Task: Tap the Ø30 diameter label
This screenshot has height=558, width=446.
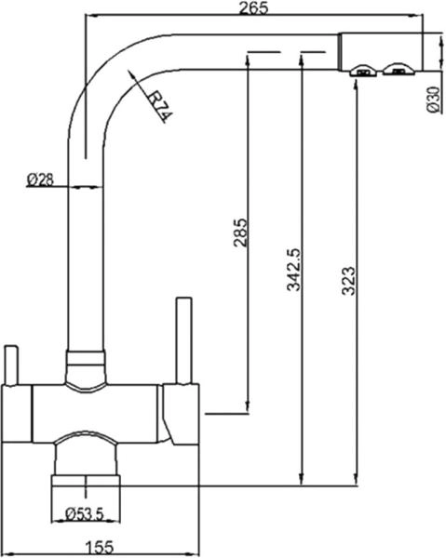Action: tap(432, 97)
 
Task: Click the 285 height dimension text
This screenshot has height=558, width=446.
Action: tap(239, 232)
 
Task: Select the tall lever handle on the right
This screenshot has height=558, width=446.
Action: tap(182, 339)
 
